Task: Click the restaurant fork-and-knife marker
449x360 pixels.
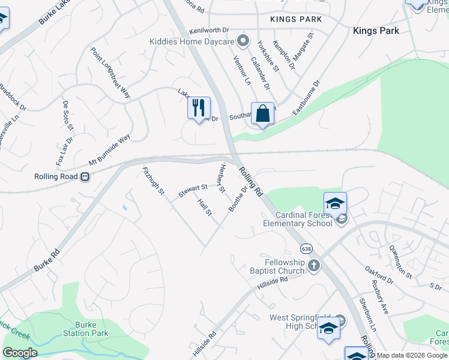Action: [199, 109]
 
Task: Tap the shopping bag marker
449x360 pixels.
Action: [262, 113]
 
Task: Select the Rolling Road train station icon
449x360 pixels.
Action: [86, 177]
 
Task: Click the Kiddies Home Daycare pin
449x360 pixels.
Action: [243, 41]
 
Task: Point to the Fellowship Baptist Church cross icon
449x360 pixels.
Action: [313, 265]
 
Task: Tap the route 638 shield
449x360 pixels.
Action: [306, 248]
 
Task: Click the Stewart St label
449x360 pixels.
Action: [192, 191]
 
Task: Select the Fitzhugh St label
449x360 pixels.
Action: [153, 181]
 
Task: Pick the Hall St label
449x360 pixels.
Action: [205, 208]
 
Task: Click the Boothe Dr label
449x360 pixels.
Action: [238, 199]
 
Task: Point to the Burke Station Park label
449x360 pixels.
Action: [86, 328]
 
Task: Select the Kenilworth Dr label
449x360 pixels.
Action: [209, 30]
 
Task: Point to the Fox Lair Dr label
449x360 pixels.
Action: [64, 151]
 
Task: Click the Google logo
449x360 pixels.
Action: [20, 353]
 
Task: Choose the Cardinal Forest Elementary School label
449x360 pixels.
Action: [305, 219]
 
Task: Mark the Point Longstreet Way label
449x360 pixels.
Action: [110, 73]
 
